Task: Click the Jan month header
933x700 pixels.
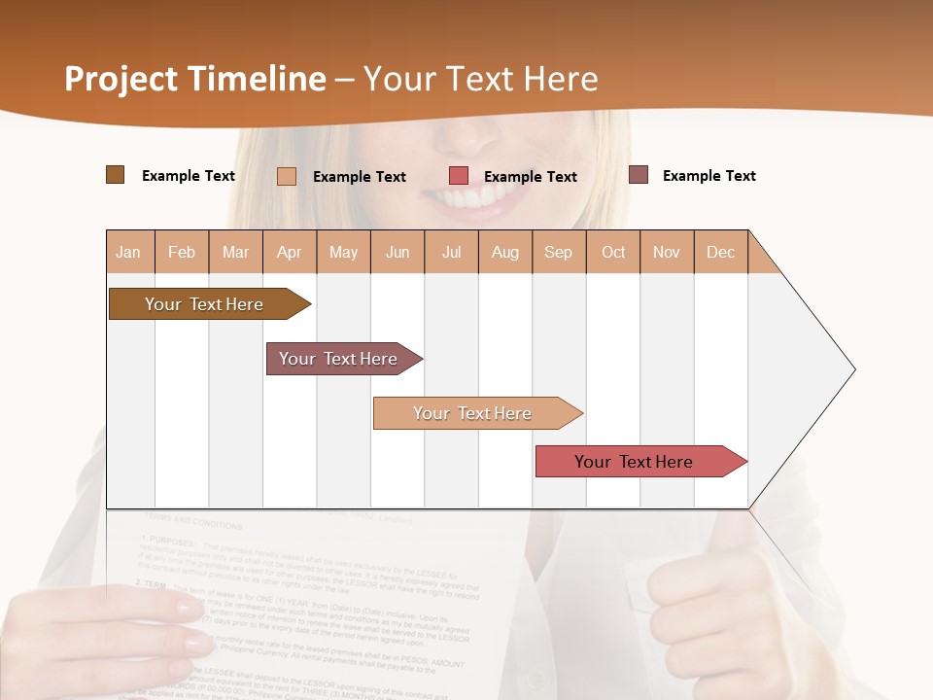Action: [128, 252]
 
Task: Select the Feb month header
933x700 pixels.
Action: [182, 252]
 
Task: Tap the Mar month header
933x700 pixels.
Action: [235, 252]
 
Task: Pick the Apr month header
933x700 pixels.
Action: [290, 252]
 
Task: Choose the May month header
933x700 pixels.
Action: [343, 252]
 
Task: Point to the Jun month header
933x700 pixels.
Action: [397, 252]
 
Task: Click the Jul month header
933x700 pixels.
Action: [451, 252]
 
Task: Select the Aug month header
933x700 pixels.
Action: [505, 252]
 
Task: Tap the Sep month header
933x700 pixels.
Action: [559, 252]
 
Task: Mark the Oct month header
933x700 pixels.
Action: [613, 252]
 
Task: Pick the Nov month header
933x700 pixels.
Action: [667, 252]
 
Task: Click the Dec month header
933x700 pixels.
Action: [721, 252]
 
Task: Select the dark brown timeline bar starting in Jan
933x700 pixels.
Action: [205, 304]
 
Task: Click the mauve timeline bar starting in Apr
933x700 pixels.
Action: [339, 359]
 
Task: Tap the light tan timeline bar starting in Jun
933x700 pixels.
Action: [473, 413]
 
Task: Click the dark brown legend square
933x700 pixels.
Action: [116, 175]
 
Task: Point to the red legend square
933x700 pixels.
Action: [459, 176]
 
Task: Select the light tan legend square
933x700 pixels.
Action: [287, 176]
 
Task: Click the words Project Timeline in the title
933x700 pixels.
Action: [195, 79]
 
